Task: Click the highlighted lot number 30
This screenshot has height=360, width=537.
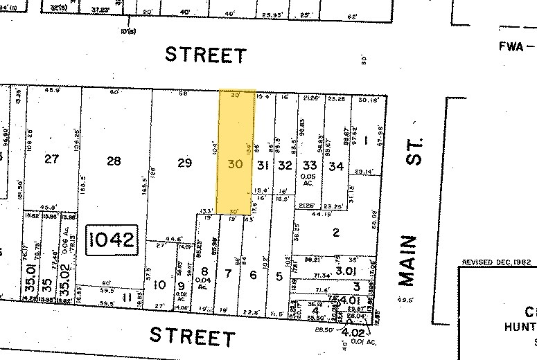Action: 235,165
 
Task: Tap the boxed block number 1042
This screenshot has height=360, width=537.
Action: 113,242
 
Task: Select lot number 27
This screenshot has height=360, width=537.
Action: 51,159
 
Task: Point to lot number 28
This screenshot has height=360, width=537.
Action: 114,161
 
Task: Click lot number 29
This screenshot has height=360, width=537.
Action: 184,163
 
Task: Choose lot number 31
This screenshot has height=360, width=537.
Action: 263,165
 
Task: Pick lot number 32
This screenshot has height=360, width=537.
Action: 285,165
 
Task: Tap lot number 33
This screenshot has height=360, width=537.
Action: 310,165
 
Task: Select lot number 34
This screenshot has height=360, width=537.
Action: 336,165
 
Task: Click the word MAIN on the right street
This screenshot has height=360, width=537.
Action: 409,260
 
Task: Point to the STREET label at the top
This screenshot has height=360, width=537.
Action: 205,55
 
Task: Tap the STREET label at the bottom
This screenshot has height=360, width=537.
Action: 193,336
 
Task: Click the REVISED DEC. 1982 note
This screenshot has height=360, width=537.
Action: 497,263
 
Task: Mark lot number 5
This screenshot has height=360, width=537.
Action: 279,276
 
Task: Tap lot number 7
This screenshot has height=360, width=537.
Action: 228,275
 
